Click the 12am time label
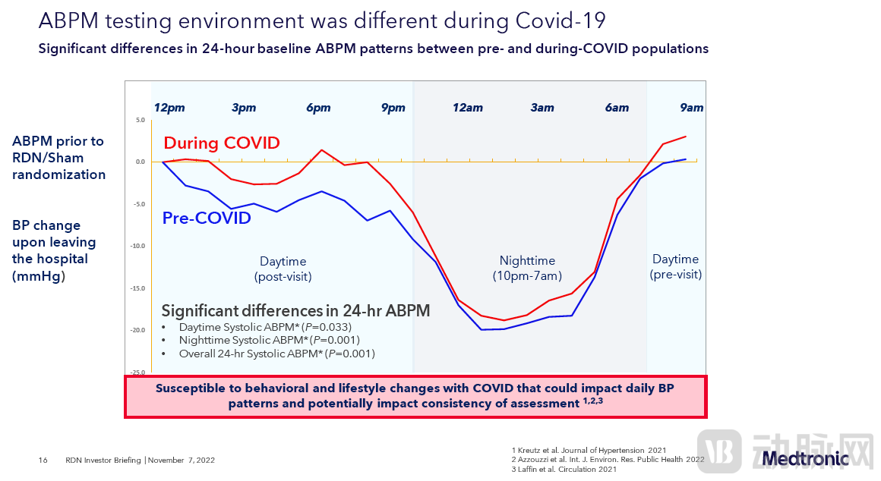pyautogui.click(x=468, y=108)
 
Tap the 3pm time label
pyautogui.click(x=244, y=108)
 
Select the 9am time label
pyautogui.click(x=691, y=108)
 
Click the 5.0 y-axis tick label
pyautogui.click(x=140, y=120)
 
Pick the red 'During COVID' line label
pyautogui.click(x=222, y=143)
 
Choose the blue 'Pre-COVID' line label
pyautogui.click(x=207, y=218)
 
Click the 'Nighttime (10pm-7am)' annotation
pyautogui.click(x=527, y=268)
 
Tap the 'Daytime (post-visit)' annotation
pyautogui.click(x=283, y=269)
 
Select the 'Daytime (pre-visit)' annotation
pyautogui.click(x=675, y=267)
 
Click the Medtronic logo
pyautogui.click(x=805, y=458)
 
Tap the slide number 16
pyautogui.click(x=43, y=460)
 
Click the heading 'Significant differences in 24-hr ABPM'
pyautogui.click(x=295, y=310)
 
